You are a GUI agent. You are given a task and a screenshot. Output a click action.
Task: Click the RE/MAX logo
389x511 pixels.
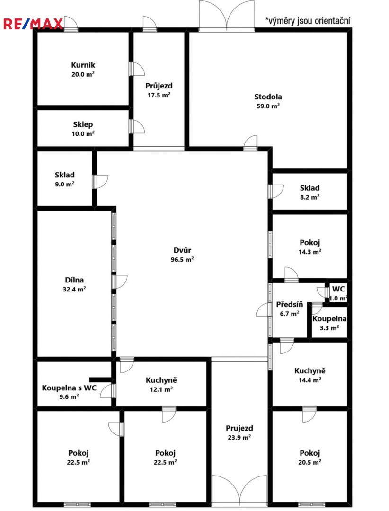click(x=33, y=24)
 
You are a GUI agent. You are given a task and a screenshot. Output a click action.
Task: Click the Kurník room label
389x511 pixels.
click(x=83, y=65)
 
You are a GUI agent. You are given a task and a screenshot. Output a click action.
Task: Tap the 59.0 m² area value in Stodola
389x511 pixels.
click(x=268, y=106)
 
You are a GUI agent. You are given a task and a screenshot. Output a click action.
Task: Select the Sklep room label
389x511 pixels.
click(x=83, y=124)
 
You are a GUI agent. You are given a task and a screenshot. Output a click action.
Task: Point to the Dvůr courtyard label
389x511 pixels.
click(x=182, y=250)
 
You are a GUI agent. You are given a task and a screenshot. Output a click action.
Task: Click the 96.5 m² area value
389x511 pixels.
click(x=182, y=259)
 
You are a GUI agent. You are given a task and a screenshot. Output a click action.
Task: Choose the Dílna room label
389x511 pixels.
click(x=74, y=280)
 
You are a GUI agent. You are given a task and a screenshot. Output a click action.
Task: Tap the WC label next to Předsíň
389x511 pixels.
click(x=338, y=289)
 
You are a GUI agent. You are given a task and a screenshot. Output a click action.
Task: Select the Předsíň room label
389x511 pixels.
click(x=290, y=304)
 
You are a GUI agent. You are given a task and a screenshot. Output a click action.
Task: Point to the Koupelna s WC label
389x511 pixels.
click(x=69, y=388)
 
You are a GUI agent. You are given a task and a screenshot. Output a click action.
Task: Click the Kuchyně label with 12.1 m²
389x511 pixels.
click(x=161, y=380)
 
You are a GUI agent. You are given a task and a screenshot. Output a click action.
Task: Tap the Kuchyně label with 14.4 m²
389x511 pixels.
click(x=310, y=370)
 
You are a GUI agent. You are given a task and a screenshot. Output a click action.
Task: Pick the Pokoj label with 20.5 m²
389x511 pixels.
click(x=310, y=453)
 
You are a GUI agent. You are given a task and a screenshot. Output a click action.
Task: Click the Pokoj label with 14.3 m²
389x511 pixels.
click(x=310, y=242)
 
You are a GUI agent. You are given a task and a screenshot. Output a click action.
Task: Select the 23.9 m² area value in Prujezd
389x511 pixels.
click(x=239, y=437)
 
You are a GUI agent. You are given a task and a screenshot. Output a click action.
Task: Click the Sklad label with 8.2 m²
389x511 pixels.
click(x=310, y=188)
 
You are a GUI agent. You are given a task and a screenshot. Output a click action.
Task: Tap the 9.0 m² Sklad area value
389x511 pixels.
click(x=64, y=184)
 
